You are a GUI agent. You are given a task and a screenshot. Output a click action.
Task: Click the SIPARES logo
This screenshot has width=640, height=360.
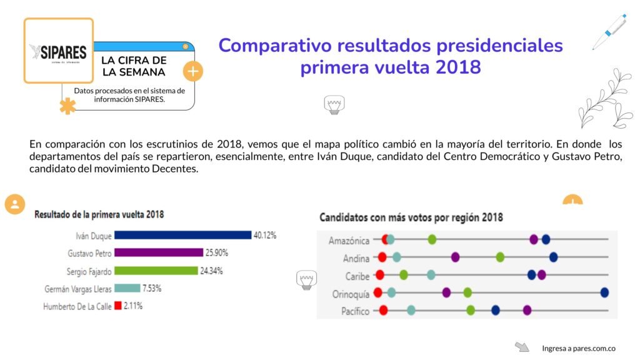58,51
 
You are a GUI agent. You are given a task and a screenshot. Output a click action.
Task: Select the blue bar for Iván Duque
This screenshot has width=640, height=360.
182,235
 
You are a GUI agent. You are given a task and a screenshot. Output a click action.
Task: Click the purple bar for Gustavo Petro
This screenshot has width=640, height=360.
159,253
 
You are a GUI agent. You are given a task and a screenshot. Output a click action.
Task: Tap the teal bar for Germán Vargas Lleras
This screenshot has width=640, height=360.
127,288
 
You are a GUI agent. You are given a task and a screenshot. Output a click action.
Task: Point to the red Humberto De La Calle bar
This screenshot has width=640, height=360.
117,306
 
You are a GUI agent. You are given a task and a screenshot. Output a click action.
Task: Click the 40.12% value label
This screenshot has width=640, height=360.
264,235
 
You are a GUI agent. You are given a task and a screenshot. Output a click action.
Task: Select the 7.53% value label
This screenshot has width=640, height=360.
152,288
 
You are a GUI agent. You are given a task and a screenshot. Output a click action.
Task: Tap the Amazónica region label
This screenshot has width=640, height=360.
349,241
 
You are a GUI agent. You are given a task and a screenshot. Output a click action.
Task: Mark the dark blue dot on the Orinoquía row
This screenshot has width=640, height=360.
604,292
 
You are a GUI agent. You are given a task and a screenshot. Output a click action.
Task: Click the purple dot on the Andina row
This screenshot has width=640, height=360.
456,257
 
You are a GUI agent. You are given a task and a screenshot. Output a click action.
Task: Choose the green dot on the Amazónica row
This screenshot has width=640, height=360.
432,239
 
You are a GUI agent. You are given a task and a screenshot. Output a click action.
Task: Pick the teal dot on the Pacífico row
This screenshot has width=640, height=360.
411,310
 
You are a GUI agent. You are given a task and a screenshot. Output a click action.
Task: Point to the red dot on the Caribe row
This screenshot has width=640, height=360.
380,274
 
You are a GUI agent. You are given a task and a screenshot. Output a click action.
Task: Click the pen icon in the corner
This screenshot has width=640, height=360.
609,31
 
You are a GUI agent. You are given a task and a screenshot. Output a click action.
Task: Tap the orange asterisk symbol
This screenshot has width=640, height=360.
67,106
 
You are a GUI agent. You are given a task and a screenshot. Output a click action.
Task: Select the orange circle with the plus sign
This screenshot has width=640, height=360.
193,71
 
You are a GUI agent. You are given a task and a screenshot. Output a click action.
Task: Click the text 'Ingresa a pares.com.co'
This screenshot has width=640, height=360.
578,348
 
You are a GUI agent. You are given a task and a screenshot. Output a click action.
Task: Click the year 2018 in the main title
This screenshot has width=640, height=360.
459,67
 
